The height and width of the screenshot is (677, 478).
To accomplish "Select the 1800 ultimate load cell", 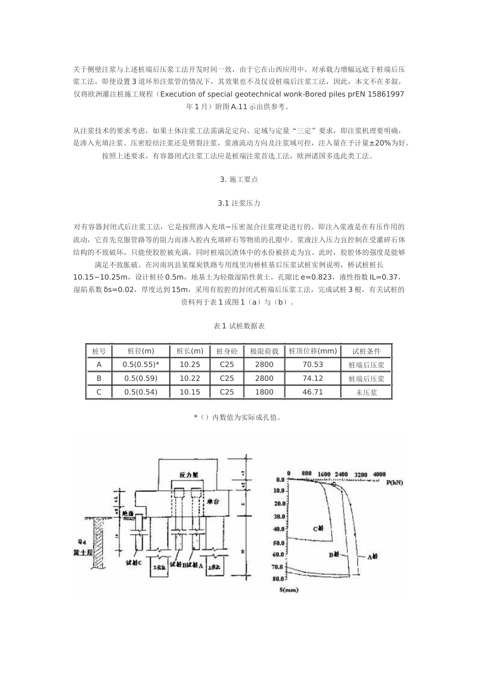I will click(264, 392).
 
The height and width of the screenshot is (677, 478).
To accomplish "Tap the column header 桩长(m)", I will click(190, 351).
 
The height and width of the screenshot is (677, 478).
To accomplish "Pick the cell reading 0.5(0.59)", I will click(141, 378).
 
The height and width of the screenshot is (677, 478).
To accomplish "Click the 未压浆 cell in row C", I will click(366, 392).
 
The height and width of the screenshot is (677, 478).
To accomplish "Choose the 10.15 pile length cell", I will click(190, 392).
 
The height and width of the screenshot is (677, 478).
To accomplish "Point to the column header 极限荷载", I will click(264, 351).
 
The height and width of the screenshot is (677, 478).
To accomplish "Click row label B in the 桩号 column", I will click(99, 378).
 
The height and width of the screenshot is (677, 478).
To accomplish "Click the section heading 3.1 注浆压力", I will click(239, 204).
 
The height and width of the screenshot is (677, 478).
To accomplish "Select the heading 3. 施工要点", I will click(239, 179).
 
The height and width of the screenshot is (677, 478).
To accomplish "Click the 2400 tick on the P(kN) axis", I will click(341, 474).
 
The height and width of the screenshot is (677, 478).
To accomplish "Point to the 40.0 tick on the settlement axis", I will click(278, 529).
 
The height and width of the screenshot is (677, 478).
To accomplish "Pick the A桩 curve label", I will click(373, 557).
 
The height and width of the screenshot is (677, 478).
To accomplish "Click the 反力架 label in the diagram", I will click(188, 475).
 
